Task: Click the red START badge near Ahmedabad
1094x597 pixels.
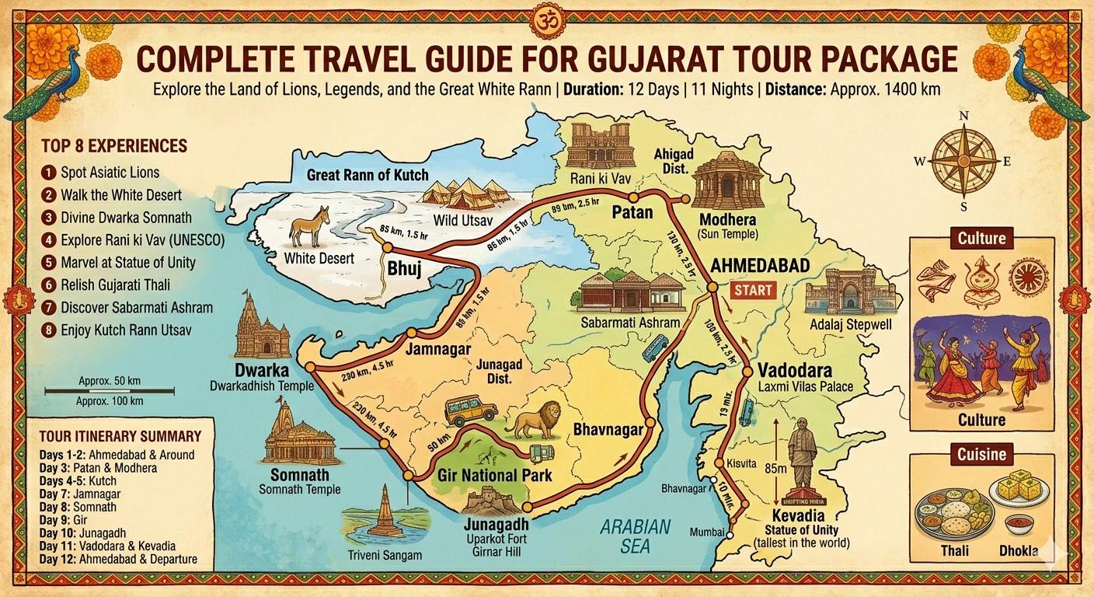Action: pyautogui.click(x=753, y=291)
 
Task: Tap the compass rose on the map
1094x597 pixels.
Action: pyautogui.click(x=963, y=160)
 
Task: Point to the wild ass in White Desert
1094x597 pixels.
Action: pyautogui.click(x=309, y=227)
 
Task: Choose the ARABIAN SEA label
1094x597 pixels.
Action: pyautogui.click(x=635, y=536)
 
